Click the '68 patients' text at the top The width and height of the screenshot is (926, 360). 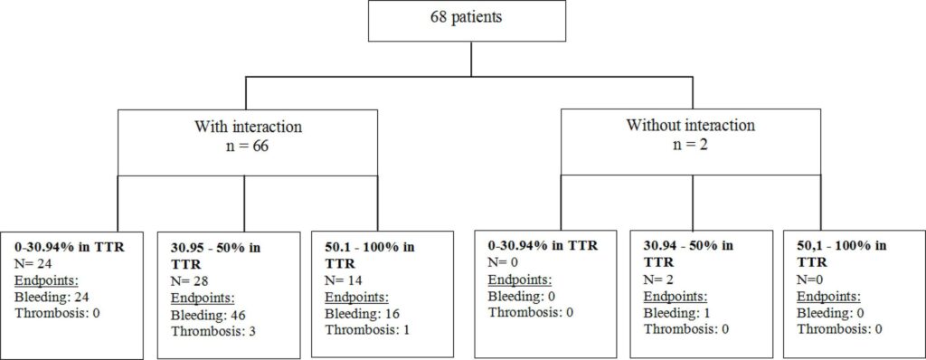tap(467, 17)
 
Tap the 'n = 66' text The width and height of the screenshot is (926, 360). tap(245, 145)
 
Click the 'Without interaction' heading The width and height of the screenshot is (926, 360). tap(690, 126)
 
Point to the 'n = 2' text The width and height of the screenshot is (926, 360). tap(690, 144)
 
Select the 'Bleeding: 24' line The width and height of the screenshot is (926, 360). tap(52, 296)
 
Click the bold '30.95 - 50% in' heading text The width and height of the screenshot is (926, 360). tap(215, 247)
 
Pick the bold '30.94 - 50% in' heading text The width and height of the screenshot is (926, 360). tap(688, 244)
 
